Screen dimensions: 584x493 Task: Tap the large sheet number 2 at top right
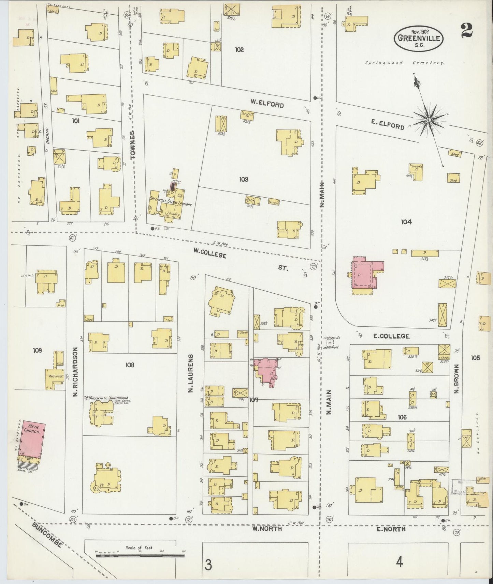(466, 31)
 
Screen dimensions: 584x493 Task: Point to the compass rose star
(428, 120)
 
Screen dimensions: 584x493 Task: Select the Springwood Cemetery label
(404, 63)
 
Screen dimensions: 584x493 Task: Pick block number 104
(406, 222)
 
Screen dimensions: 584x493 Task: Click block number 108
(130, 365)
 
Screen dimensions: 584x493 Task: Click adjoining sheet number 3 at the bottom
(208, 564)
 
